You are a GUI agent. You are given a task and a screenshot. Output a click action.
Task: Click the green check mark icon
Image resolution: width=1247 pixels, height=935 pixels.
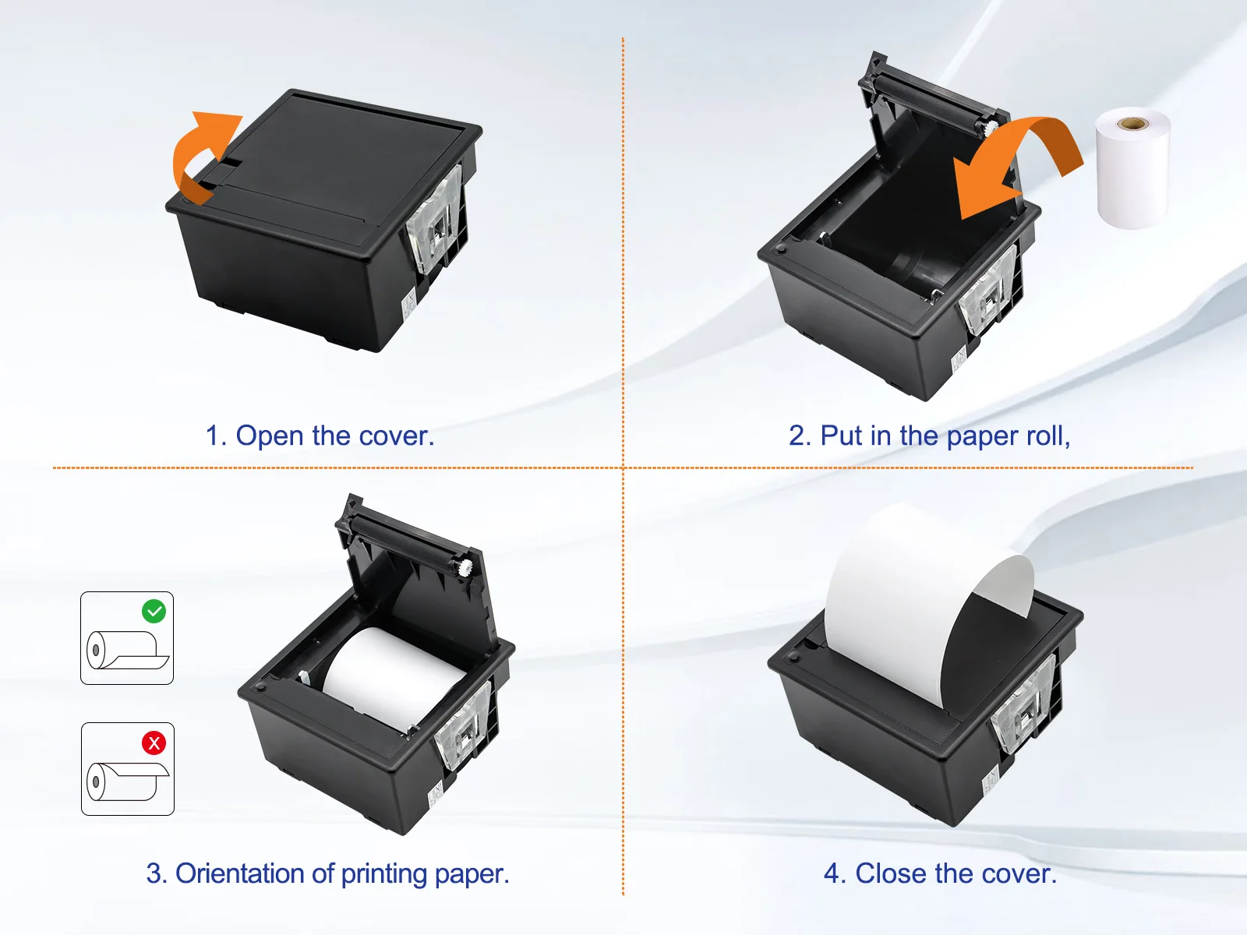pyautogui.click(x=154, y=612)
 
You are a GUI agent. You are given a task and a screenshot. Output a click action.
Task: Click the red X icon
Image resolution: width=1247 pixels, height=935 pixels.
pyautogui.click(x=154, y=743)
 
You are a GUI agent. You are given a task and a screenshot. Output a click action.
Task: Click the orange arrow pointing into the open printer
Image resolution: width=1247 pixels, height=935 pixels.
pyautogui.click(x=1017, y=164)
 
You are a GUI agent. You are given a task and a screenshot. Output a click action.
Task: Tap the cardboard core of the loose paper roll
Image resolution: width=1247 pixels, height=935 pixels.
pyautogui.click(x=1132, y=122)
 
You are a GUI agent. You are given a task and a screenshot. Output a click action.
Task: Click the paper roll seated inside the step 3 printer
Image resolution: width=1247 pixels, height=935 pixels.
pyautogui.click(x=392, y=679)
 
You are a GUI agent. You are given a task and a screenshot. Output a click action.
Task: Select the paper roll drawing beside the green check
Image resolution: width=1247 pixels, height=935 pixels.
pyautogui.click(x=127, y=650)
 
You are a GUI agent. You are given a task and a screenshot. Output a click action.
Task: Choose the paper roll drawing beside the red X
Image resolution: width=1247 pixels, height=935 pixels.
pyautogui.click(x=127, y=782)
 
